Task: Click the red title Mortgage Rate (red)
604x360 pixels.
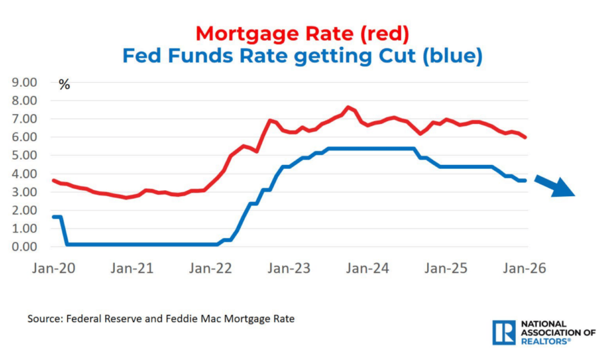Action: pos(302,33)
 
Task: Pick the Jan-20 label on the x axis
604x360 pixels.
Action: pos(53,268)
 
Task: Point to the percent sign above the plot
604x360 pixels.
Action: pos(64,85)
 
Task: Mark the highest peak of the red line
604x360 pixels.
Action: pos(348,107)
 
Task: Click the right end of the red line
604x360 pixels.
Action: pos(526,137)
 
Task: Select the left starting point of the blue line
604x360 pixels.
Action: pos(53,217)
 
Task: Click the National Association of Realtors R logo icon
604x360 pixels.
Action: pos(504,333)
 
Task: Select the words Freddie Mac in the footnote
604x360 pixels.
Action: pos(228,319)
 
